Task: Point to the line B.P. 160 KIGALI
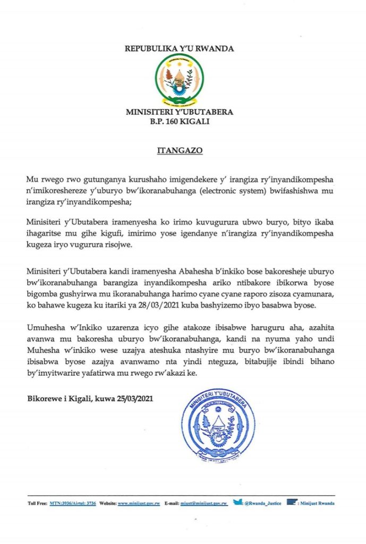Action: [x=180, y=122]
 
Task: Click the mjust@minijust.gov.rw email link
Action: [x=205, y=503]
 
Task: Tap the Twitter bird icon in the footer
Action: [x=237, y=501]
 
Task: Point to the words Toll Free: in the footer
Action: [x=37, y=503]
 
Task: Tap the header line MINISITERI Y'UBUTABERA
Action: [x=180, y=113]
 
